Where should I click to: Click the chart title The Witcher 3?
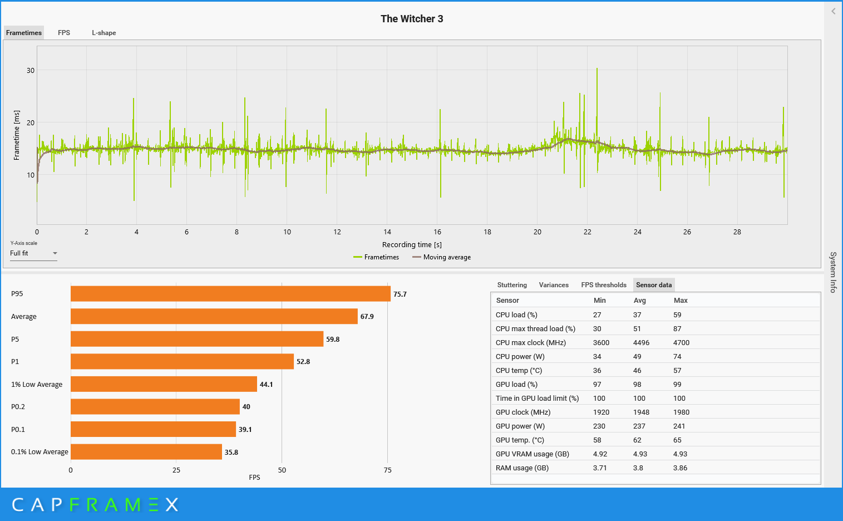coord(412,19)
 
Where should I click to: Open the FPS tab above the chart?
coord(64,33)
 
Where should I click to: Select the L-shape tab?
coord(104,33)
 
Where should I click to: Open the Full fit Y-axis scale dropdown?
coord(33,253)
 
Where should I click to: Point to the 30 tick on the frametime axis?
coord(31,71)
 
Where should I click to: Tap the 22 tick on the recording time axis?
coord(588,232)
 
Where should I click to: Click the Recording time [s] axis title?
coord(412,245)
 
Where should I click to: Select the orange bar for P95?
coord(230,294)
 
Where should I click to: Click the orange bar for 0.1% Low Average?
coord(146,452)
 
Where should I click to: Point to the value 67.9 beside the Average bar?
coord(367,317)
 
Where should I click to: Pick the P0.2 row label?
coord(18,407)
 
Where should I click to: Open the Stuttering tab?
coord(512,285)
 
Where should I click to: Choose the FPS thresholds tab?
coord(604,285)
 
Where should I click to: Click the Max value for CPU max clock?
coord(681,343)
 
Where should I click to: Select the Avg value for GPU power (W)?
coord(639,426)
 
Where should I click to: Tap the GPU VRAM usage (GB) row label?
coord(533,454)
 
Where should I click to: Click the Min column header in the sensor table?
coord(600,301)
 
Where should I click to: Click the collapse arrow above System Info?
coord(833,11)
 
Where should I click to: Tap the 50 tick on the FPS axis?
coord(282,470)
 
